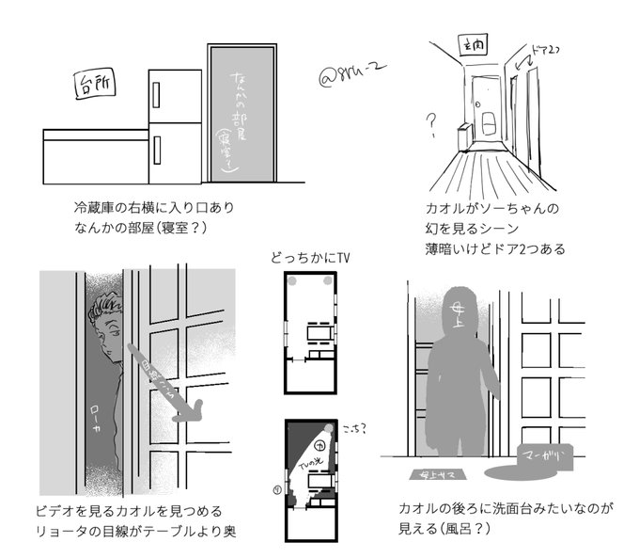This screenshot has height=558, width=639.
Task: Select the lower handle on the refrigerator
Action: (157, 149)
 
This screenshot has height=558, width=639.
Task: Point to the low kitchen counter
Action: (95, 158)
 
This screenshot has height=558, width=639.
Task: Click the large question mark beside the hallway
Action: (431, 121)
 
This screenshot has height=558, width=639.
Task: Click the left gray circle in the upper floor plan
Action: (292, 282)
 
